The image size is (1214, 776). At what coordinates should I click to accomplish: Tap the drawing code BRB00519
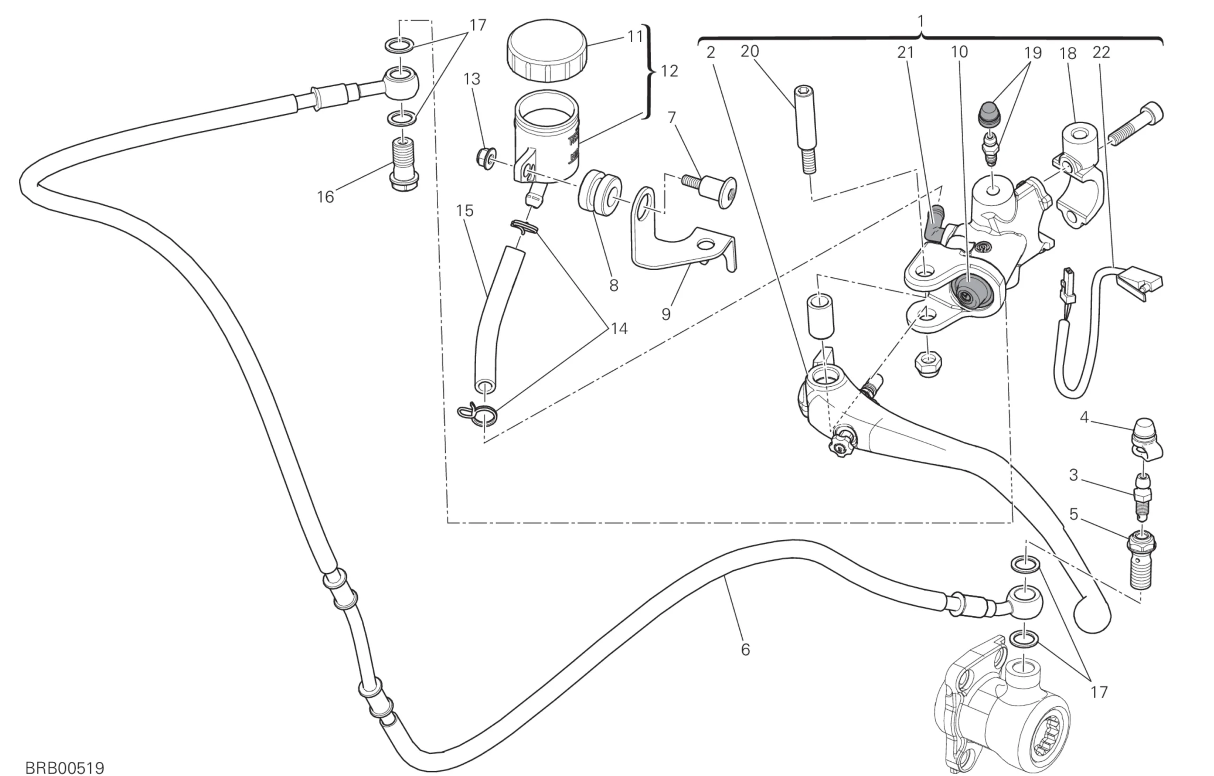point(64,767)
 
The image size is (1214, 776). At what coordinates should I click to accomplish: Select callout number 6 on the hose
point(745,649)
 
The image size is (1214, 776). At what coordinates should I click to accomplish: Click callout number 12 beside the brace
point(669,72)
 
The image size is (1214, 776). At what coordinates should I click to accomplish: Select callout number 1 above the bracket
point(920,22)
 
